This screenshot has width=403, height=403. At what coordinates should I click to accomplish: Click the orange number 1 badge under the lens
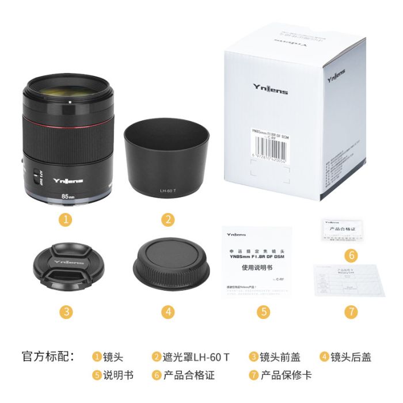[67, 219]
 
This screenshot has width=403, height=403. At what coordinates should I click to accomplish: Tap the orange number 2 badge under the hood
[168, 219]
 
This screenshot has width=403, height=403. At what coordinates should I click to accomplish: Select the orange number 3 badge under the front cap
[67, 311]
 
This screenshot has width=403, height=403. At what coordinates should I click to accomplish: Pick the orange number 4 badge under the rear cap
[168, 311]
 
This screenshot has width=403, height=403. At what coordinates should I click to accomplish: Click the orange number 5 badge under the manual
[263, 311]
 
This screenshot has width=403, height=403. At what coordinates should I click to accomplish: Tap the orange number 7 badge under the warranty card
[351, 311]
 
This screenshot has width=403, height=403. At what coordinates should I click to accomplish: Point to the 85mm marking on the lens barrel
[68, 196]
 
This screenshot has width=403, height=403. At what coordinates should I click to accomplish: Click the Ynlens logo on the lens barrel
[68, 180]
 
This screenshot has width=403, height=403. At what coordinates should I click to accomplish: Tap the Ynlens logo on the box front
[271, 88]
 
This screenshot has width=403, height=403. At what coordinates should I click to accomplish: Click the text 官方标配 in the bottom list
[48, 357]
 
